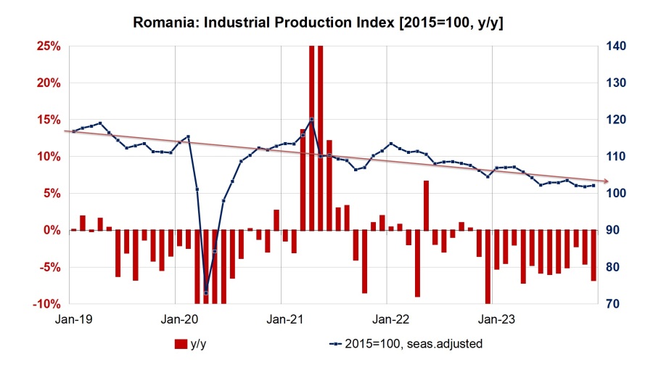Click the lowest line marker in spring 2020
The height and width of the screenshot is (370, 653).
(x=205, y=293)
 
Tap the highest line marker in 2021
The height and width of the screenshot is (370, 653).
(x=311, y=120)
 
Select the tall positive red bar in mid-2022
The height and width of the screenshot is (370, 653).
(x=427, y=205)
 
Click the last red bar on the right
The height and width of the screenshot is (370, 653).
(x=594, y=255)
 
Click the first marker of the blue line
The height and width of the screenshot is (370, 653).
(x=73, y=131)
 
